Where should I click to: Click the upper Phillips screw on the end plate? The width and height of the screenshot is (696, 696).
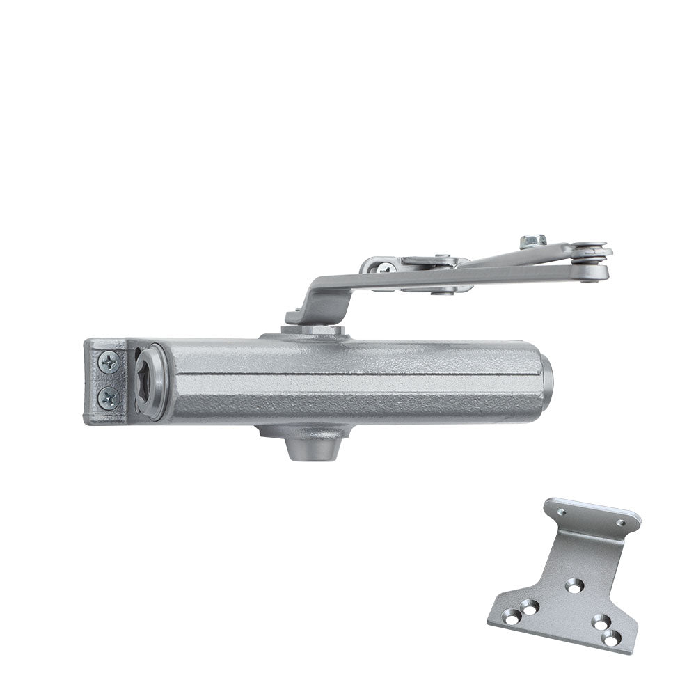point(109,362)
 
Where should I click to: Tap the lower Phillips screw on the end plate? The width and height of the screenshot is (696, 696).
point(109,398)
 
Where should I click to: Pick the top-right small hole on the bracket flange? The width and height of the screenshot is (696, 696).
point(621,523)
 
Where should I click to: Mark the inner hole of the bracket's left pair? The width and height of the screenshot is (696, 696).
point(531,608)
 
